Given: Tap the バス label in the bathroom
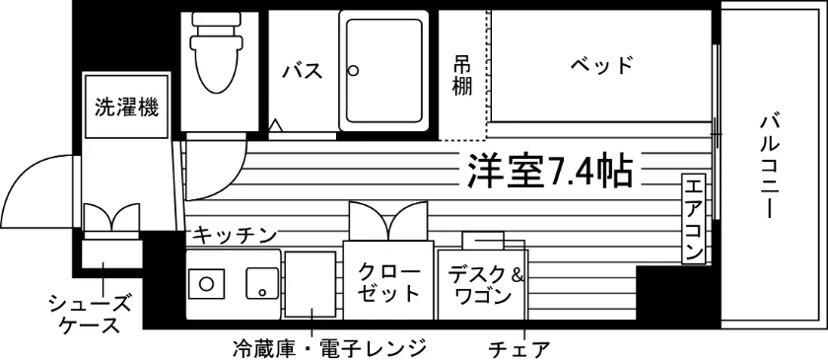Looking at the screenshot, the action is (302, 70).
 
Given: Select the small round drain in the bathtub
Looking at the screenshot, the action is (353, 70).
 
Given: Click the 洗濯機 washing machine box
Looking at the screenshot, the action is (127, 107).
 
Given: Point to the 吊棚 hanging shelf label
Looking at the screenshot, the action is (462, 76).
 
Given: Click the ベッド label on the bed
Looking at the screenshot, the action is (601, 65).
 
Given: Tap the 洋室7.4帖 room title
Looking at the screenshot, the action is (550, 172).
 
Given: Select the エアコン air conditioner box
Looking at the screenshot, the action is (694, 219).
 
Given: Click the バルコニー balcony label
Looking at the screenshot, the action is (771, 167).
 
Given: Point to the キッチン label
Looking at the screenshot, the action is (234, 235).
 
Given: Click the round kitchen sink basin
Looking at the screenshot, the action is (205, 283).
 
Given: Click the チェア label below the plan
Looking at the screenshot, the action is (519, 349).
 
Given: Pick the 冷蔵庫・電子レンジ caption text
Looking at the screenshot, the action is (329, 348).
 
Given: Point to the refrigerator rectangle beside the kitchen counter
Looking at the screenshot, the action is (310, 284).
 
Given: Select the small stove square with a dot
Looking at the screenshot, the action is (261, 283).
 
